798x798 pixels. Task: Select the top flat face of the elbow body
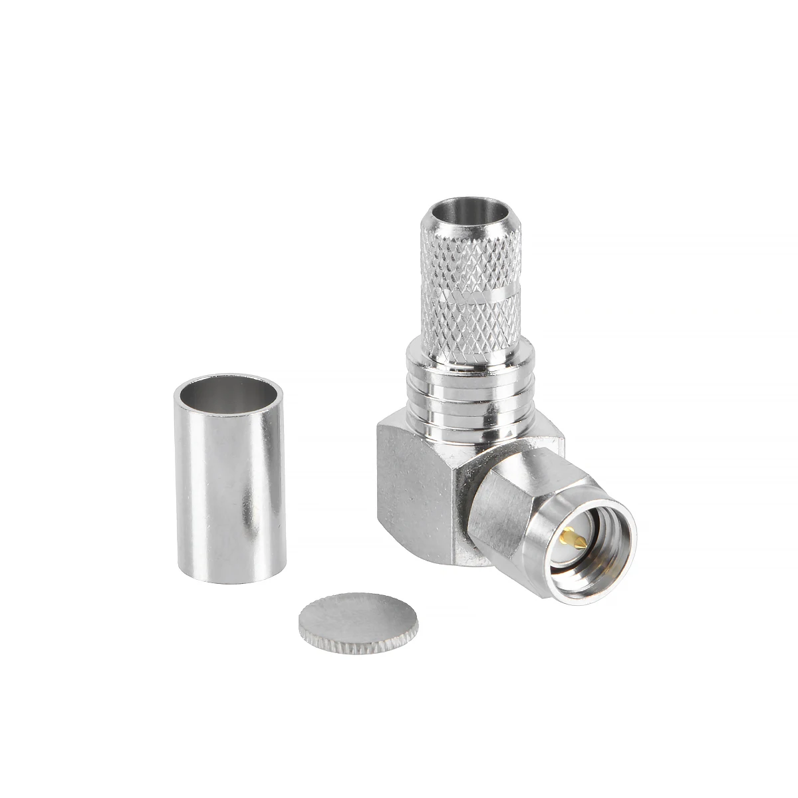532,436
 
